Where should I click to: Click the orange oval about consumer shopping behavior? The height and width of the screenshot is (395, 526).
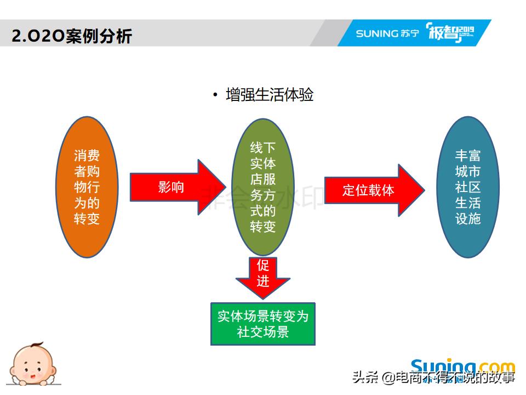coord(87,187)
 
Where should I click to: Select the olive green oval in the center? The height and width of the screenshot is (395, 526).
coord(263,187)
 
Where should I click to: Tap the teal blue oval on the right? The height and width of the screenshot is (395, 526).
coord(467,187)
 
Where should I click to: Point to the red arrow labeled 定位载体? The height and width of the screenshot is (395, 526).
coord(373,190)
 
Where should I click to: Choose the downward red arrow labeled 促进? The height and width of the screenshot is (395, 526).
coord(263,277)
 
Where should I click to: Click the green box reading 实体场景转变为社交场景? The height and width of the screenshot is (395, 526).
coord(263,324)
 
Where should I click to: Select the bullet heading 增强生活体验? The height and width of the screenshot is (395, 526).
coord(269,95)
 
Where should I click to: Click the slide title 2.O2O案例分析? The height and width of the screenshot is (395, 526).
coord(72,36)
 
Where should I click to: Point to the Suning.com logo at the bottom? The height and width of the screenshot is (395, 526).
coord(463,366)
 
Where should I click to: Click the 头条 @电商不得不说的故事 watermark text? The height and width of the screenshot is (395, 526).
coord(433,378)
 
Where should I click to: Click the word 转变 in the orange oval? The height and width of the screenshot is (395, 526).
coord(87,219)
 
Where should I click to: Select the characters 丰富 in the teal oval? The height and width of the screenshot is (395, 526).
coord(467,156)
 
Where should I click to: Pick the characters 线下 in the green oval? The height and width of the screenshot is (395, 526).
coord(263,148)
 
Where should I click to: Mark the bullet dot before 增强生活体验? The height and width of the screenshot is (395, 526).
coord(215,95)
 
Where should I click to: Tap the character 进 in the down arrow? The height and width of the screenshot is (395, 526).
coord(263,281)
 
